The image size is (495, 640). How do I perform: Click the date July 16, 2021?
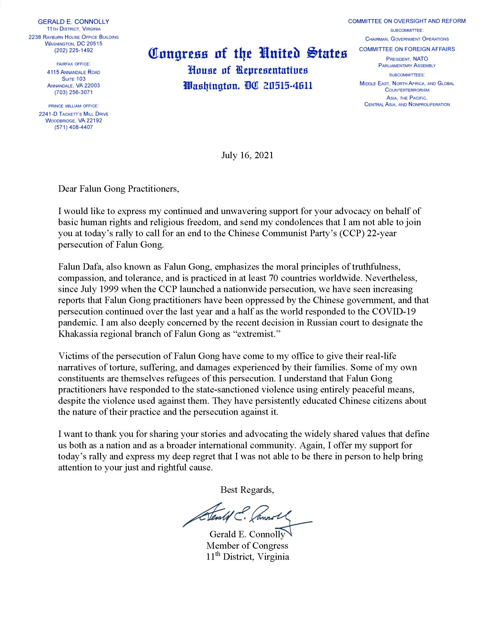[x=247, y=155]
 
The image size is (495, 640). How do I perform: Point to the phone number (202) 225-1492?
[x=74, y=50]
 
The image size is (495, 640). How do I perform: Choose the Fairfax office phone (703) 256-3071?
[x=74, y=92]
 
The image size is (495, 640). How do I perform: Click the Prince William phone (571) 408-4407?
[x=74, y=127]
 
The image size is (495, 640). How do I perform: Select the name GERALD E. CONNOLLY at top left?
[x=74, y=22]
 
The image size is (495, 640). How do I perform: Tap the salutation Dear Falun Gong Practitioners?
[x=119, y=189]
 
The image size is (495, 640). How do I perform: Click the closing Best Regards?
[x=247, y=490]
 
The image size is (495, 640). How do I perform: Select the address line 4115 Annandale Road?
[x=74, y=72]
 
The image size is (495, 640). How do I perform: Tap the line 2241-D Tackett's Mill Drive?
[x=74, y=114]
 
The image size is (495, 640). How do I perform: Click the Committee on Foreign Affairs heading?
[x=407, y=49]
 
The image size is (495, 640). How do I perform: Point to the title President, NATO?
[x=407, y=59]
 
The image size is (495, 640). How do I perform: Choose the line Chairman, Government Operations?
[x=407, y=39]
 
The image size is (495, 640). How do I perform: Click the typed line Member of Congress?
[x=247, y=545]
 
